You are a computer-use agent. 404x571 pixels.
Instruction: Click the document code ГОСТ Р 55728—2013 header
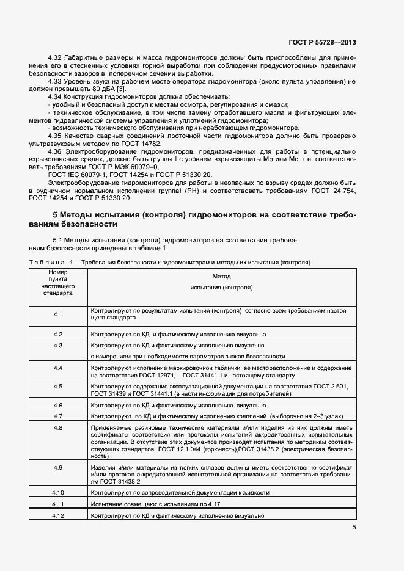323,42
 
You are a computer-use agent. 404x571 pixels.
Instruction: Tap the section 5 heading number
55,216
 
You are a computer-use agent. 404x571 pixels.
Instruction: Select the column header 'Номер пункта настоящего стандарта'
58,282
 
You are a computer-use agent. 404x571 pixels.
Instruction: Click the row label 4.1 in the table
58,314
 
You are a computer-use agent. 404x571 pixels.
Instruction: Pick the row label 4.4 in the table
58,368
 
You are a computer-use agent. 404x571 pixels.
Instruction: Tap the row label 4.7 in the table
58,416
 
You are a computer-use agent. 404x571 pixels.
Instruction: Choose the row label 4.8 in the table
58,427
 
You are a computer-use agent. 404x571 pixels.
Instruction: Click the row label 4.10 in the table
58,492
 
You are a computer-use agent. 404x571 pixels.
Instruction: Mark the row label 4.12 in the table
58,515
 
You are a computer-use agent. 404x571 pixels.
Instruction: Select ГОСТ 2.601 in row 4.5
332,387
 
